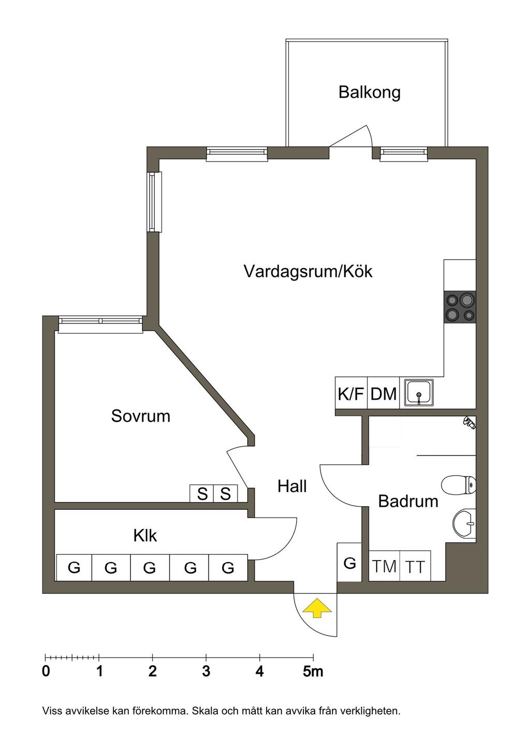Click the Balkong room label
click(x=370, y=93)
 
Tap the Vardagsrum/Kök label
click(x=308, y=271)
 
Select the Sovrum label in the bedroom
click(x=141, y=416)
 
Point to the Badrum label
click(x=408, y=501)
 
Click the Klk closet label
click(x=145, y=535)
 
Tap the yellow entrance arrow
click(x=317, y=609)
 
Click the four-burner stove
click(x=460, y=307)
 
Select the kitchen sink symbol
click(x=419, y=393)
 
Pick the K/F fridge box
click(x=351, y=393)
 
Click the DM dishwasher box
click(x=384, y=393)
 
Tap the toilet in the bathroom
click(x=459, y=484)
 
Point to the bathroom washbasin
click(x=464, y=523)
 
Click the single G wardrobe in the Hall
click(x=349, y=562)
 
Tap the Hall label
click(x=292, y=486)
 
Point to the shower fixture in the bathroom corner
click(x=469, y=422)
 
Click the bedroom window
click(x=101, y=324)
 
